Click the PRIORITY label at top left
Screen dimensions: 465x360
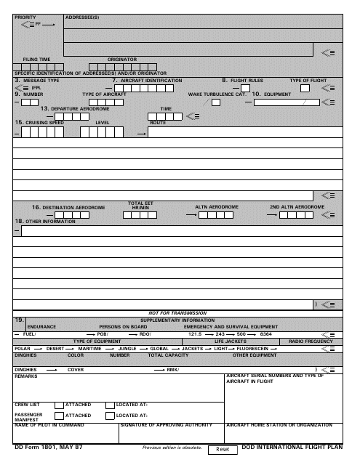[24, 16]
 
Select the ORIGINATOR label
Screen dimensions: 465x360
[122, 59]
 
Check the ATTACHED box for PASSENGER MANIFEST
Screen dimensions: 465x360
[60, 416]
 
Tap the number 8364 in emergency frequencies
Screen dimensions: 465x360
[265, 333]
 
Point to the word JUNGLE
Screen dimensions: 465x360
[128, 348]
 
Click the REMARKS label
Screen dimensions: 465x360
[25, 376]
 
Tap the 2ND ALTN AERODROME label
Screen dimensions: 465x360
[297, 208]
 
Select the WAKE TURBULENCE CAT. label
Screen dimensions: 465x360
[217, 94]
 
